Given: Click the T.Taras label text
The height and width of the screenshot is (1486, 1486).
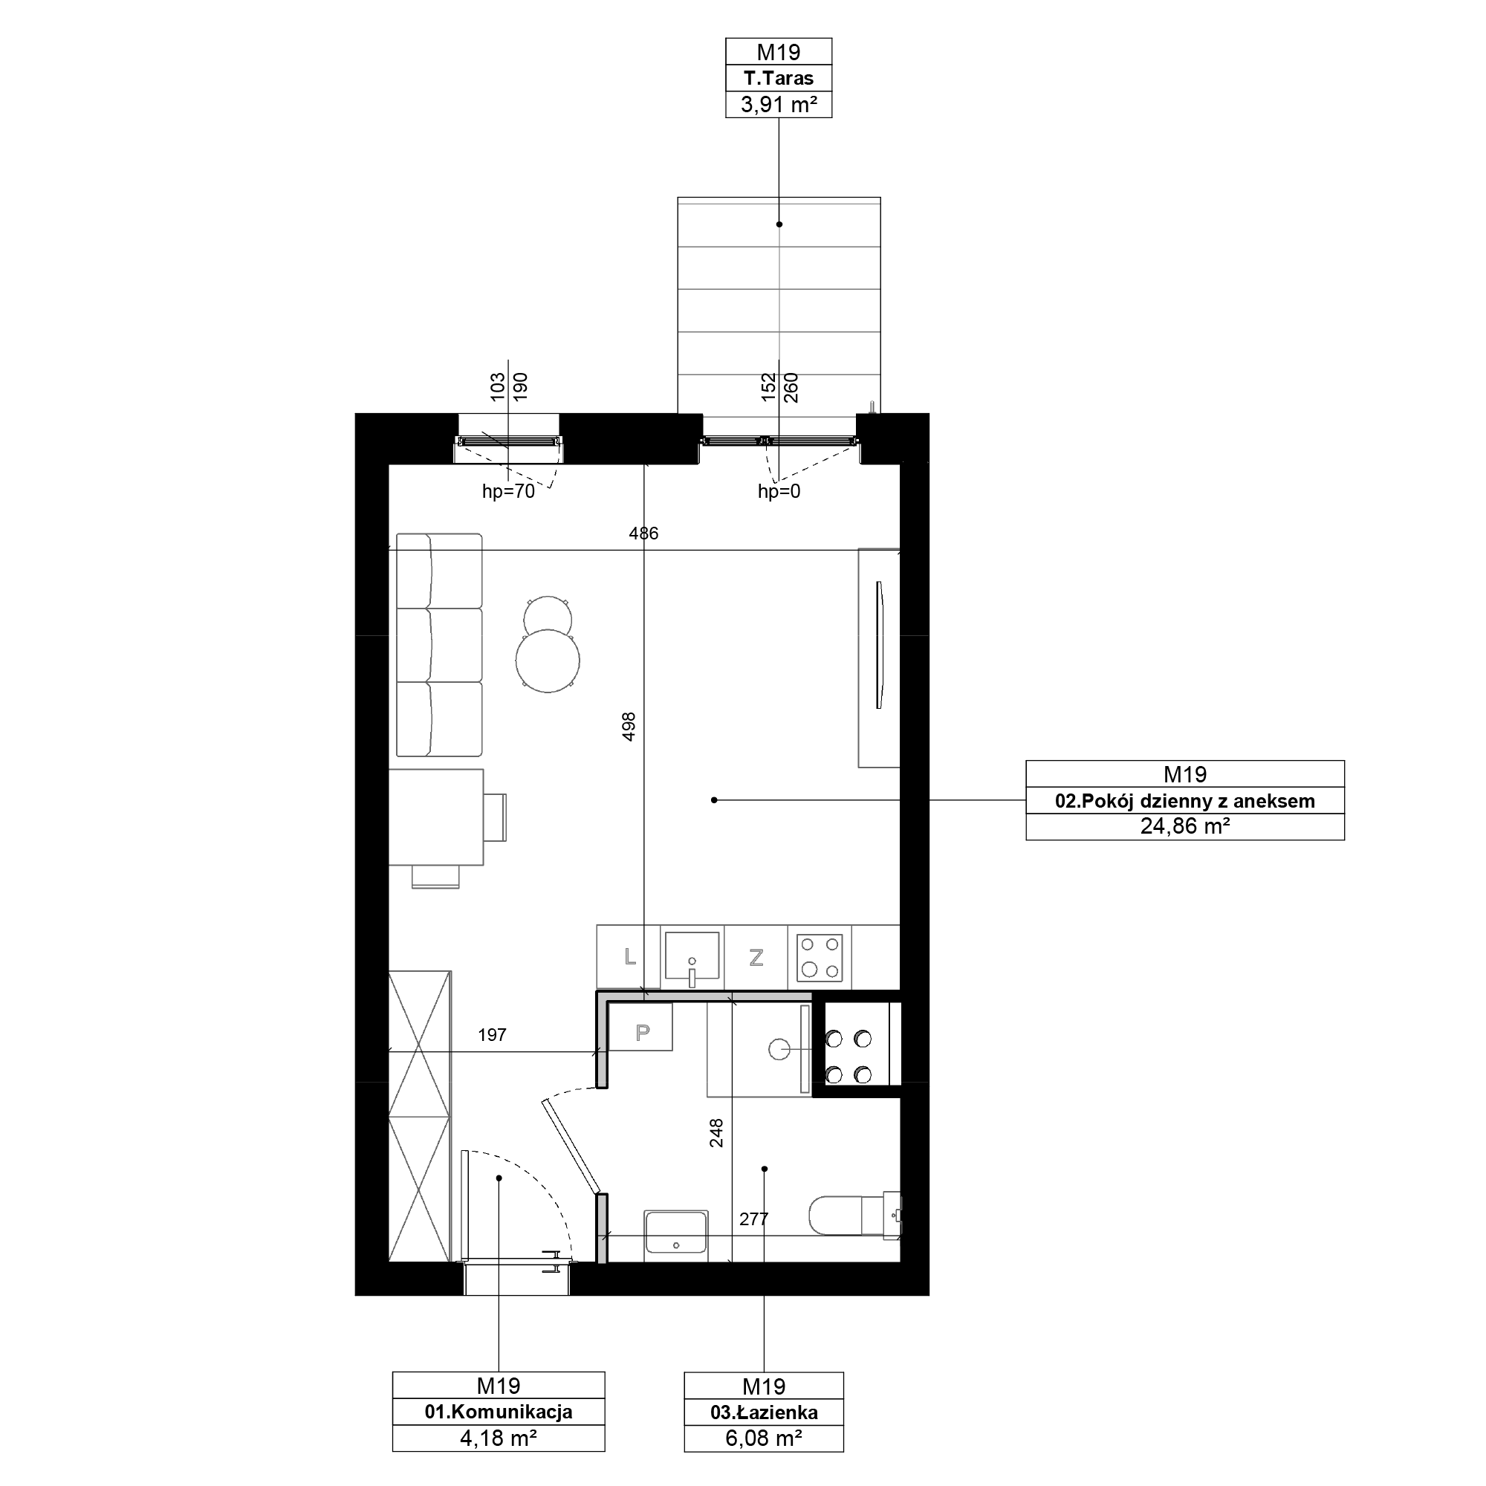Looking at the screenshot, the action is [x=779, y=79].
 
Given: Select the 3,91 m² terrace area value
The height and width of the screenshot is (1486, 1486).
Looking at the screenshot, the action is [x=779, y=105].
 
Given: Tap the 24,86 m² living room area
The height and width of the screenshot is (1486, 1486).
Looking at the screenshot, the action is [x=1184, y=826].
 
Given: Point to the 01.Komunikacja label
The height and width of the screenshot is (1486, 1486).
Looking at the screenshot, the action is [x=499, y=1412].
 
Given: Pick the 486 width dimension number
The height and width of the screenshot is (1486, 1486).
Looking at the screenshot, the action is [x=643, y=533].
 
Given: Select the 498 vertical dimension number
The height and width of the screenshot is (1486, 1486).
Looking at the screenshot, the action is [x=629, y=727].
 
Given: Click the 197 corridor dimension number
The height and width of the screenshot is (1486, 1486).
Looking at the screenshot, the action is [x=493, y=1035].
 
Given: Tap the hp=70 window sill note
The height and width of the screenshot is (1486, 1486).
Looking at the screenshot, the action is [x=508, y=491].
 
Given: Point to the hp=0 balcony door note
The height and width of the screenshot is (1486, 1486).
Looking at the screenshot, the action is [x=779, y=491].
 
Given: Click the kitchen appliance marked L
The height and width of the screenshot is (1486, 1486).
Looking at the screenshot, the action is [x=629, y=957].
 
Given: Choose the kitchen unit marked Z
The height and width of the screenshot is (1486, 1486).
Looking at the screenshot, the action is [x=756, y=957].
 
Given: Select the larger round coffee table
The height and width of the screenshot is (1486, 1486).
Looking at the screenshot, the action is [x=548, y=661].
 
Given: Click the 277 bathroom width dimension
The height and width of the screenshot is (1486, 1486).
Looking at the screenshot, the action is [x=753, y=1219].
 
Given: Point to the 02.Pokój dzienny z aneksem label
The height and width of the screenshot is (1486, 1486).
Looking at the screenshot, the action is [x=1184, y=801].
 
